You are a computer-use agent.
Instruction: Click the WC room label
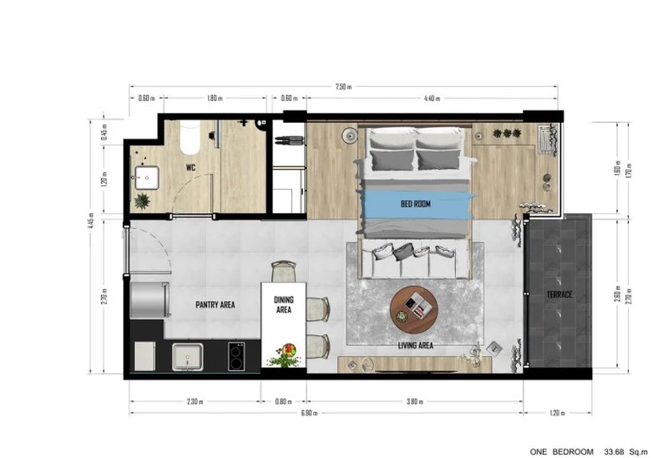(190, 167)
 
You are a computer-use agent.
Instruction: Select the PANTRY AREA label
(215, 305)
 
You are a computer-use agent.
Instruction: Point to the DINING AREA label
(283, 305)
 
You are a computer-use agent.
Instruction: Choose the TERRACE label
(559, 296)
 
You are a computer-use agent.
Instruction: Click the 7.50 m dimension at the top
(343, 86)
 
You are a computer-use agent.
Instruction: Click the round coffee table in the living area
(413, 307)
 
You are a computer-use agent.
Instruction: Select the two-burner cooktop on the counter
(235, 357)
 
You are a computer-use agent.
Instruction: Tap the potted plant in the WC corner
(143, 201)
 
